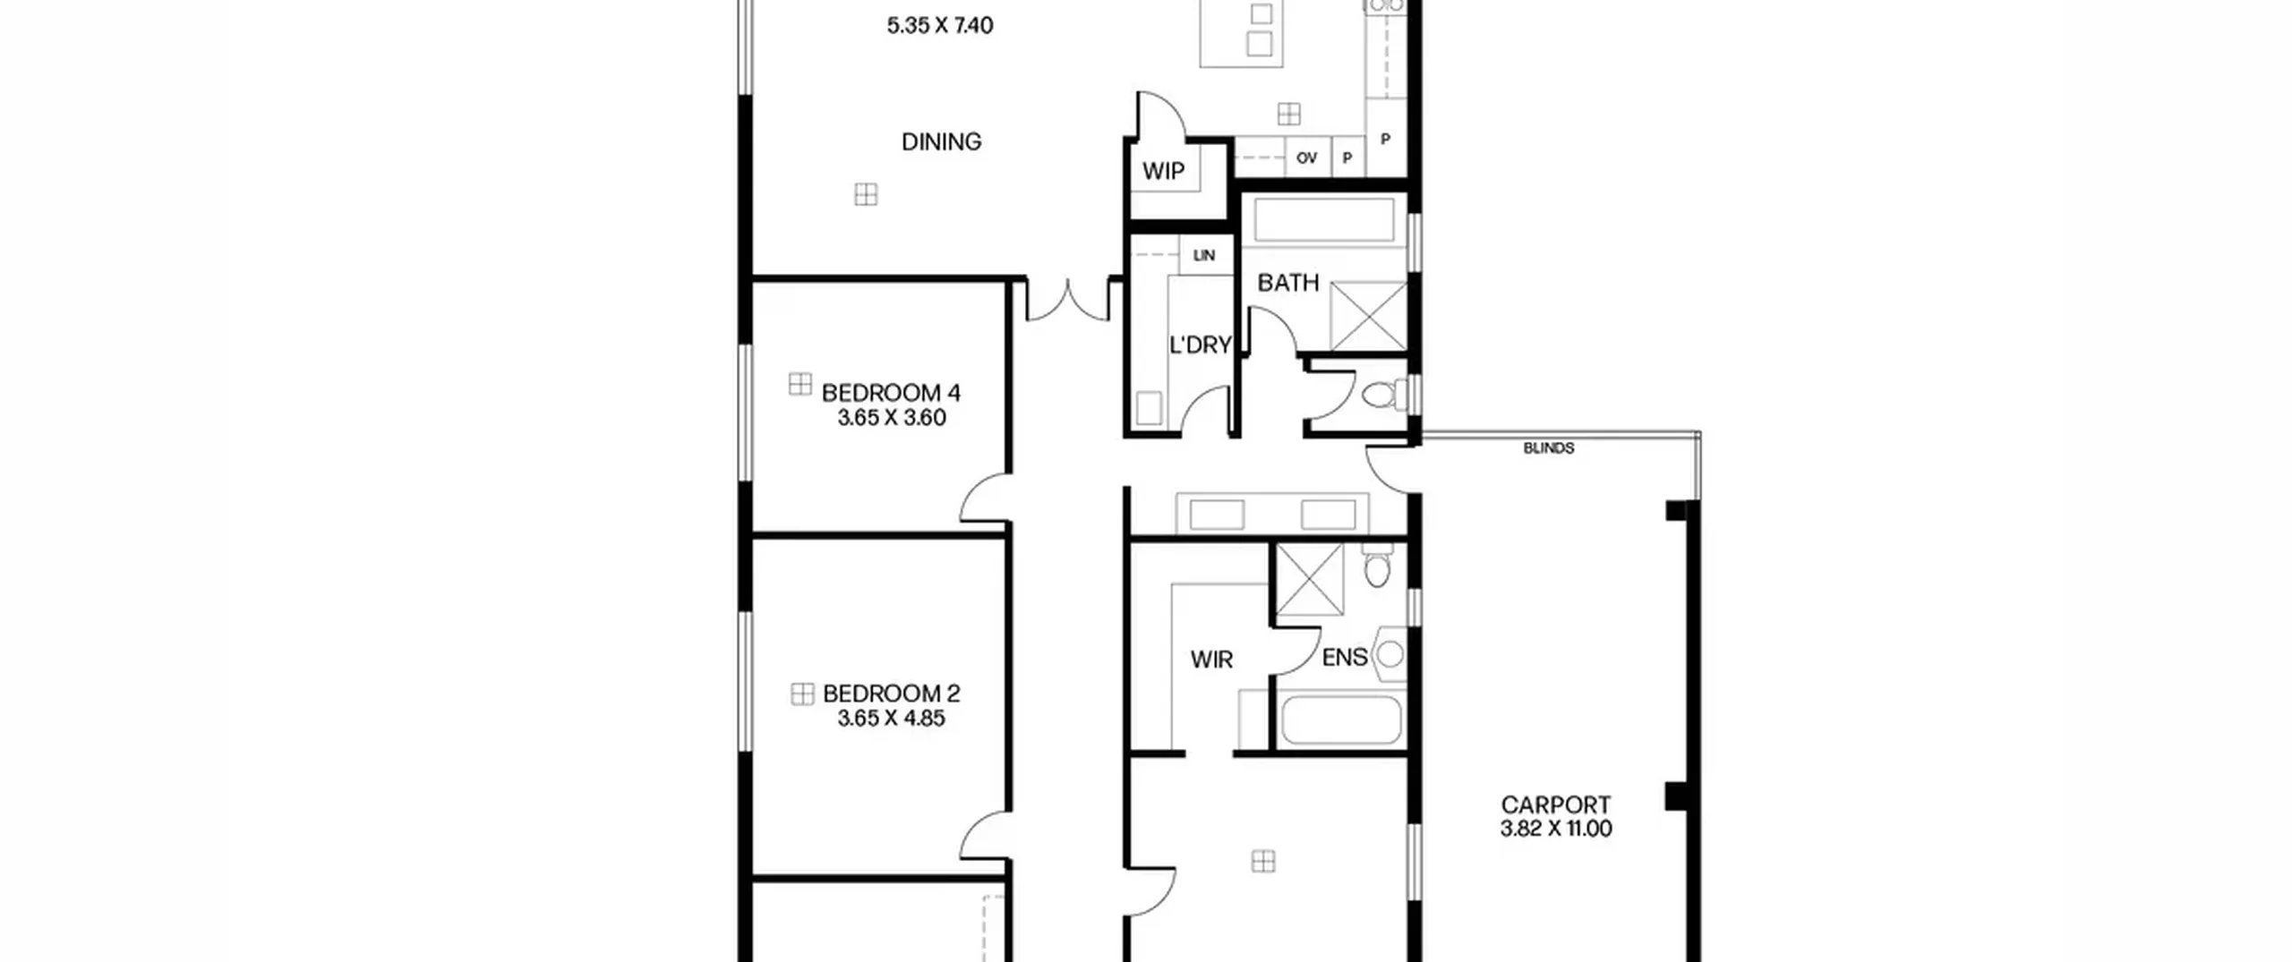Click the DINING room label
(941, 141)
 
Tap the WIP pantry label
(1163, 171)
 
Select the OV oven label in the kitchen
(1306, 158)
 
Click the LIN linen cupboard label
(1204, 256)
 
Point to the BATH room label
(1288, 283)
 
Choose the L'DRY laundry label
(1201, 345)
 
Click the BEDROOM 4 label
(891, 393)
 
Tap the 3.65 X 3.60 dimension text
(892, 418)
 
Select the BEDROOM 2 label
(892, 694)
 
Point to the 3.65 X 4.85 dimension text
(892, 719)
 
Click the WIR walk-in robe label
(1211, 660)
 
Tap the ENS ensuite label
(1345, 658)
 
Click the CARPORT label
(1556, 805)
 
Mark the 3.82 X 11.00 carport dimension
(1556, 829)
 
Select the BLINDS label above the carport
(1549, 448)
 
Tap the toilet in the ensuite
(1377, 565)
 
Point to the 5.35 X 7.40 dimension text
(940, 25)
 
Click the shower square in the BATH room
(1368, 316)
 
